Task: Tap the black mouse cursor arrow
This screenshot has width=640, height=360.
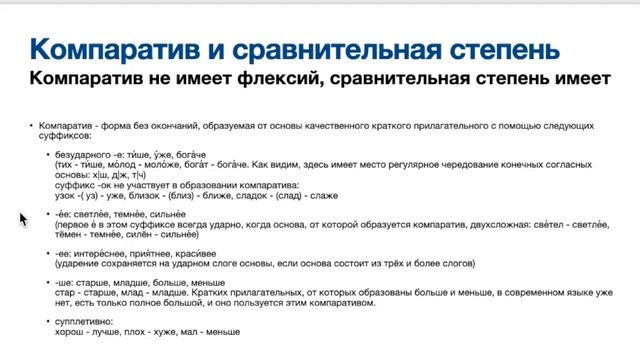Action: pos(22,219)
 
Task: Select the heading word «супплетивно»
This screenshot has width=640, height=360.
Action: pos(87,321)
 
